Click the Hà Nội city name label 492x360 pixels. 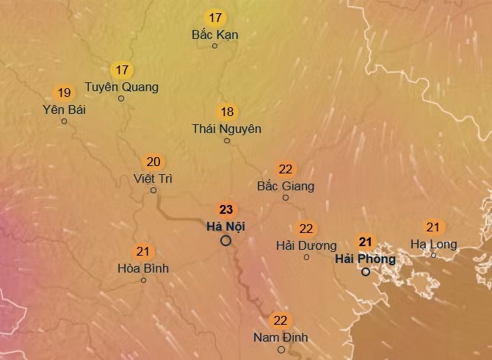coord(225,226)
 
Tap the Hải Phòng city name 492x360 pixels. coord(365,259)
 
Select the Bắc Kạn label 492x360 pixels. coord(214,35)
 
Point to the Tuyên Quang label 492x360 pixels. coord(121,87)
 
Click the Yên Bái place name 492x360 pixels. coord(64,109)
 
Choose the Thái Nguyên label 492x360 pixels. coord(226,129)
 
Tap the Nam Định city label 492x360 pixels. coord(281,337)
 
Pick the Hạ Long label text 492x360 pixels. coord(433,244)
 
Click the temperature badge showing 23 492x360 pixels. coord(226,209)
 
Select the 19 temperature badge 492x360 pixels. coord(64,93)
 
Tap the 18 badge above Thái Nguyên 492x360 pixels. coord(227,112)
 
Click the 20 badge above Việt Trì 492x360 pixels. coord(153,162)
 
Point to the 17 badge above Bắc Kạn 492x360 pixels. coord(215,18)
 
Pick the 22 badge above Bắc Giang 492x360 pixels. coord(286,169)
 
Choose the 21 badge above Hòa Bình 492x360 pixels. coord(143,252)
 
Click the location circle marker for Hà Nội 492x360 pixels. coord(226,240)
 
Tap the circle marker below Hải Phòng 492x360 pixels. coord(365,272)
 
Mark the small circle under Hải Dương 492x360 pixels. coord(306,257)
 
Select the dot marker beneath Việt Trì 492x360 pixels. coord(153,190)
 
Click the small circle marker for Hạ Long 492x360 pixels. coord(433,255)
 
